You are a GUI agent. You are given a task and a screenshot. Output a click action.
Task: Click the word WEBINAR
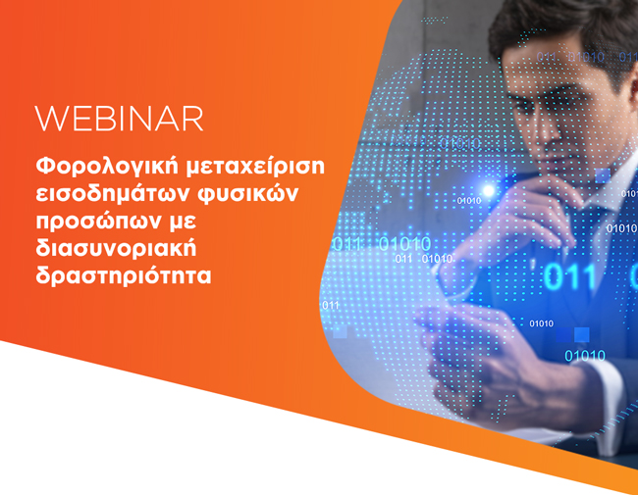pyautogui.click(x=119, y=119)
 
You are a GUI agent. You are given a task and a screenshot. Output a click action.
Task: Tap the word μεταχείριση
pyautogui.click(x=255, y=167)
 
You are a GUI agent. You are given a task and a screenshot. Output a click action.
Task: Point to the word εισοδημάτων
pyautogui.click(x=111, y=194)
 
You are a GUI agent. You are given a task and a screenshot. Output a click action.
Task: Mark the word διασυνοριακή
pyautogui.click(x=116, y=248)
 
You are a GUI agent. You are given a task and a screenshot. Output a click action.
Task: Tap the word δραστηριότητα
pyautogui.click(x=124, y=276)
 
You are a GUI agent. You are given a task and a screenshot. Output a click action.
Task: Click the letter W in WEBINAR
pyautogui.click(x=51, y=119)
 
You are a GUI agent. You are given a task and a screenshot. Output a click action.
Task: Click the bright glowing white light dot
pyautogui.click(x=488, y=190)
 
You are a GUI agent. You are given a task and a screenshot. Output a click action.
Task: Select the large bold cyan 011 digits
pyautogui.click(x=569, y=277)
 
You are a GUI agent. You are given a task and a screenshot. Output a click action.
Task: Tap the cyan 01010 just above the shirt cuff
pyautogui.click(x=585, y=356)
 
